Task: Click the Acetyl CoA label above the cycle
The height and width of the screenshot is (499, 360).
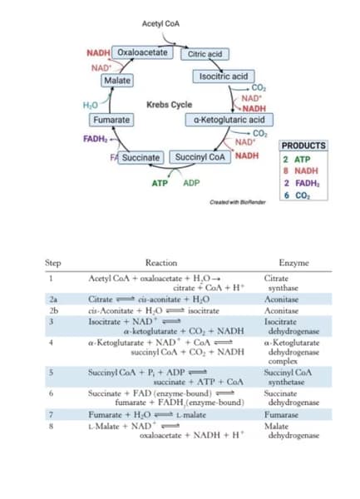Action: click(160, 24)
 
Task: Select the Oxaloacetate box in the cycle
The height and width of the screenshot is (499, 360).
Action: click(142, 52)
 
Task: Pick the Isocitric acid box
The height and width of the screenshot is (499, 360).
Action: click(222, 77)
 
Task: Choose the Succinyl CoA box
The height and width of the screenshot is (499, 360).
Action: click(200, 157)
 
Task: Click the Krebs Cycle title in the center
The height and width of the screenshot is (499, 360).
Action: click(169, 105)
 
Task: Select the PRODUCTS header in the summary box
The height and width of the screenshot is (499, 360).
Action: click(303, 146)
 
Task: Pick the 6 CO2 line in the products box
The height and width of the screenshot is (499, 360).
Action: click(297, 195)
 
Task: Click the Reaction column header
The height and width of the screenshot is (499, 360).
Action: click(165, 262)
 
